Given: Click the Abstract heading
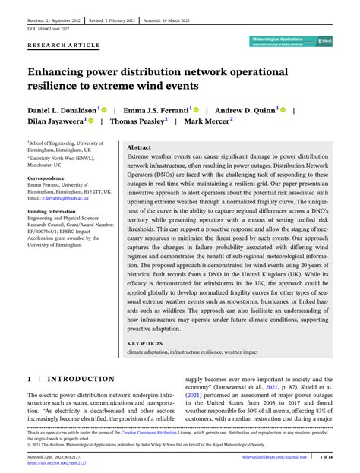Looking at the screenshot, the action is (139, 147).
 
